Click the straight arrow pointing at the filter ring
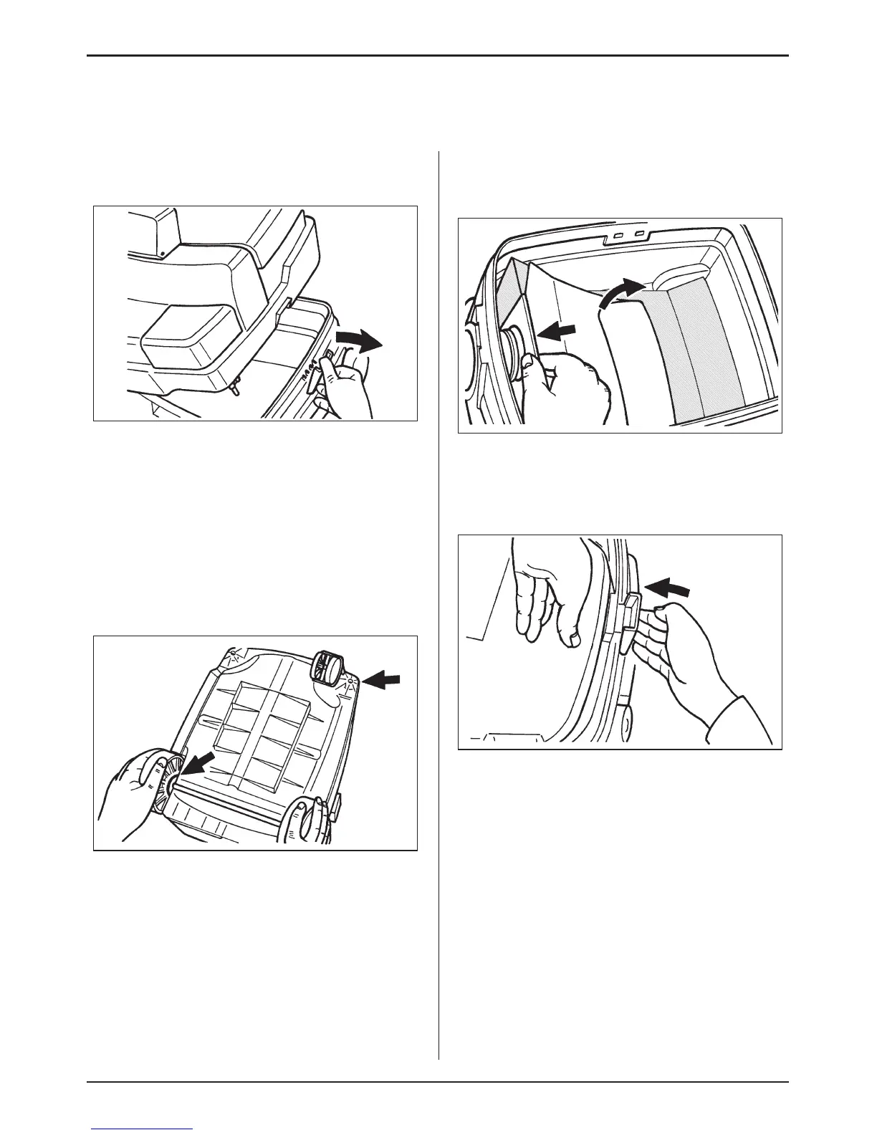[557, 332]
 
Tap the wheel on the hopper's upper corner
[327, 667]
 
